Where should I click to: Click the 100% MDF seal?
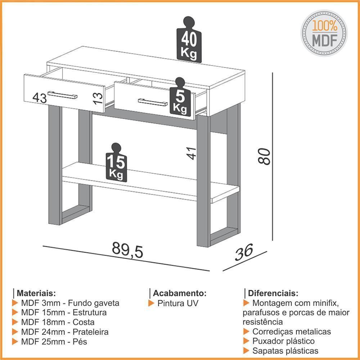pos(324,33)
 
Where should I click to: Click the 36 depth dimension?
pos(244,252)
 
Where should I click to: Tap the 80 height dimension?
pos(264,156)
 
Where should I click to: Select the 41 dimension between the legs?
pos(191,153)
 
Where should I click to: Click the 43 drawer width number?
pos(40,98)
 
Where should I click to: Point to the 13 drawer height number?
pos(98,98)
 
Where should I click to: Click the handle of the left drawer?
pos(62,95)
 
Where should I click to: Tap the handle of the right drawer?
pos(153,102)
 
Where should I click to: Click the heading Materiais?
pos(36,293)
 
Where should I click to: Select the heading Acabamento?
pos(180,293)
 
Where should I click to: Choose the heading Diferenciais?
pos(273,293)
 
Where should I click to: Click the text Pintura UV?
pos(178,303)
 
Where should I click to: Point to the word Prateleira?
pos(90,332)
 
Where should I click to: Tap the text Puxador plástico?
pos(283,341)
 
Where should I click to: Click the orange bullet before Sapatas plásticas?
pos(246,351)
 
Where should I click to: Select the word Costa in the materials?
pos(84,322)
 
